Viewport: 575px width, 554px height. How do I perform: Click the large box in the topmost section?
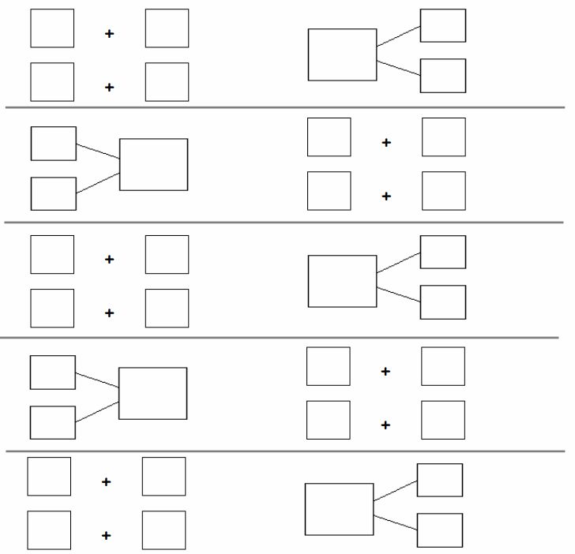point(342,54)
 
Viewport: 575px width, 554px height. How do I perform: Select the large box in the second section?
point(153,164)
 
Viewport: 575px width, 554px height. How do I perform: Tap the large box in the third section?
point(342,281)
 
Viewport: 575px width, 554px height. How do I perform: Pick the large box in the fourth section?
point(152,393)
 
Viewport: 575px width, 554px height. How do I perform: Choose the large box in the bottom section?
point(339,509)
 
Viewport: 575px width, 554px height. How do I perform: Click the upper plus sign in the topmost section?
point(109,33)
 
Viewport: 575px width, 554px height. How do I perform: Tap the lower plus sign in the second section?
point(386,196)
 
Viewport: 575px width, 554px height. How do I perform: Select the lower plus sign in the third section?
point(109,313)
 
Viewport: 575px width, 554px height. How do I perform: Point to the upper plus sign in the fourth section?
point(385,371)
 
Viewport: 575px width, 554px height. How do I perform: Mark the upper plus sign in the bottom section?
point(106,481)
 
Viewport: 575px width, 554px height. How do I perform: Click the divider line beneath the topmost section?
point(284,107)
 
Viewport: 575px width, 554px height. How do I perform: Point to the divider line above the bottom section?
point(284,451)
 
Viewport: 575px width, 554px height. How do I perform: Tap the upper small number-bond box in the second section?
point(54,144)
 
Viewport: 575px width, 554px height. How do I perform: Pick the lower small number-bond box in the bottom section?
point(440,530)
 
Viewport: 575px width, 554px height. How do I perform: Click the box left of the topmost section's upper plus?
point(52,28)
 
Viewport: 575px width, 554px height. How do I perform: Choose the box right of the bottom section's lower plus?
point(163,530)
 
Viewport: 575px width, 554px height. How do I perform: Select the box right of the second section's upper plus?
point(443,137)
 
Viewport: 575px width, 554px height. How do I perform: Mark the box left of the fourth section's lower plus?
point(328,420)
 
